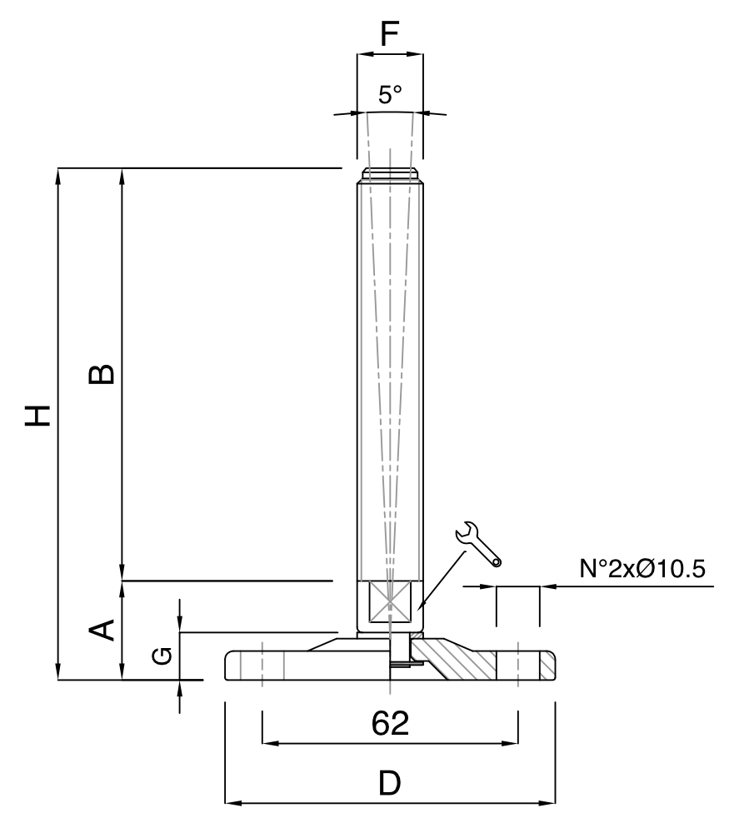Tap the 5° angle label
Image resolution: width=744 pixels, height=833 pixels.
(x=390, y=95)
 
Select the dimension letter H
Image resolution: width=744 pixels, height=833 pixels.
(x=37, y=416)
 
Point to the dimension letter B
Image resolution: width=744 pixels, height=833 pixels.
(x=102, y=374)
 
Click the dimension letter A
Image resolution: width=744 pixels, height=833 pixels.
(x=102, y=630)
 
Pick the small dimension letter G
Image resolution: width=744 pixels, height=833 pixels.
(x=162, y=656)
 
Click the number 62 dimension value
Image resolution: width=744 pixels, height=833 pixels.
(x=390, y=723)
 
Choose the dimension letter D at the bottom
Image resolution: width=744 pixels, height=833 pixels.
(x=390, y=783)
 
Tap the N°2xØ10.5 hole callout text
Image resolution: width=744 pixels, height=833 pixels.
(x=642, y=569)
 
